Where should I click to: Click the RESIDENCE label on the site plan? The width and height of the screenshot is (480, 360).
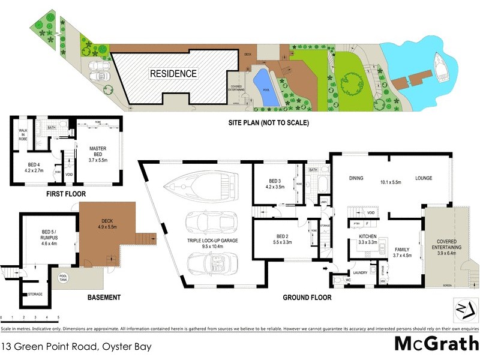173,74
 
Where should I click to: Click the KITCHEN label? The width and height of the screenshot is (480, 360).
367,239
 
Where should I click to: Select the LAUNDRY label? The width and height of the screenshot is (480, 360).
359,273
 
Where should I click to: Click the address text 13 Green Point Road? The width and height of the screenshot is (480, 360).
76,347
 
